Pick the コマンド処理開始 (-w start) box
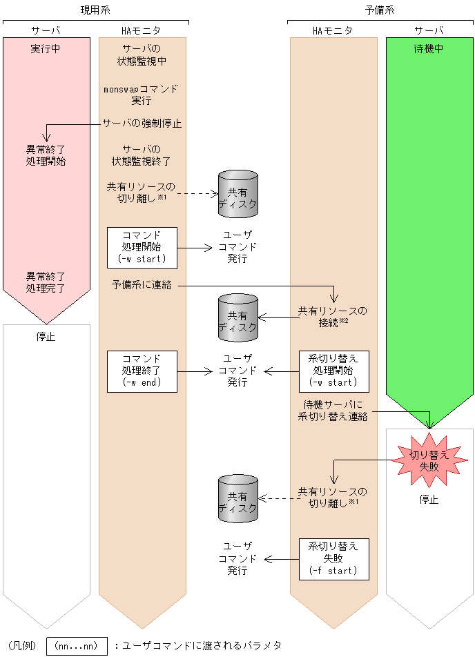[142, 247]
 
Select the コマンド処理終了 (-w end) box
[142, 371]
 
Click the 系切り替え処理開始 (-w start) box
[333, 371]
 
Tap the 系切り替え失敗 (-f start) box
[333, 558]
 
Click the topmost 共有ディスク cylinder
[237, 194]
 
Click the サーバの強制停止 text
[142, 124]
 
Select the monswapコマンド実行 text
[142, 95]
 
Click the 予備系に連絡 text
[142, 284]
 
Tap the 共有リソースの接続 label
[333, 316]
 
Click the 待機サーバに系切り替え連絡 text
[333, 411]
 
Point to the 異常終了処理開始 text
[46, 155]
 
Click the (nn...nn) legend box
[77, 646]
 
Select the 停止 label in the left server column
[46, 337]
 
